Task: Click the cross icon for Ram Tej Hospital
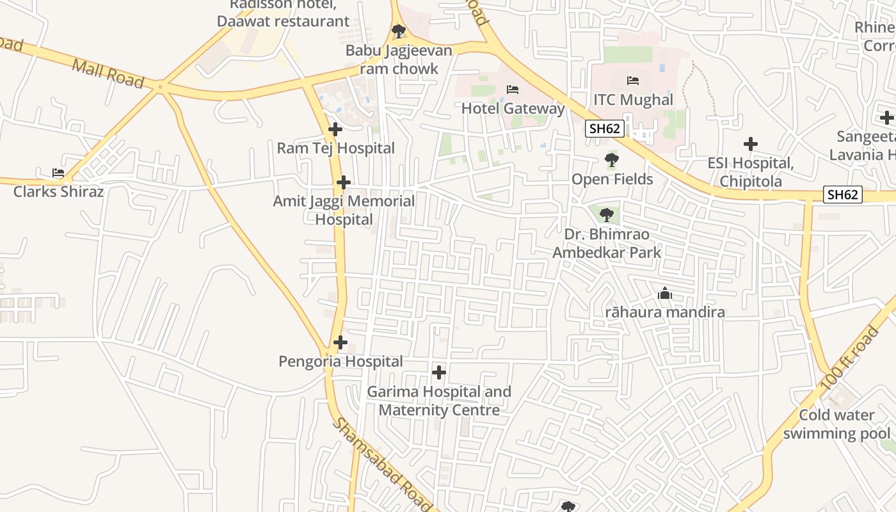[x=335, y=130]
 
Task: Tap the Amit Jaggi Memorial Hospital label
[x=344, y=210]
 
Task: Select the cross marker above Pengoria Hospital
[x=340, y=342]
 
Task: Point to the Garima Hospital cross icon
[x=439, y=372]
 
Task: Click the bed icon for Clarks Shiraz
[x=58, y=173]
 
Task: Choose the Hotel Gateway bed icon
[x=513, y=90]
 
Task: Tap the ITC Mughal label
[x=633, y=100]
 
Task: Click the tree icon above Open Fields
[x=612, y=160]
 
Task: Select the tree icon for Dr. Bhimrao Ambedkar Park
[x=606, y=215]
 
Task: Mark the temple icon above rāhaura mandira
[x=665, y=294]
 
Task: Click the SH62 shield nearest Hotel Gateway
[x=605, y=129]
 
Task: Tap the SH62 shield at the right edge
[x=842, y=195]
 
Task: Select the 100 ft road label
[x=850, y=359]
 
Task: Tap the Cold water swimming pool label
[x=836, y=424]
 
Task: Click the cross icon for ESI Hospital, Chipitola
[x=751, y=145]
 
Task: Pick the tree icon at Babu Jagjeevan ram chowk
[x=399, y=31]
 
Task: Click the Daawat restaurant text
[x=283, y=21]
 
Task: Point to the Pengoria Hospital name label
[x=340, y=362]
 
